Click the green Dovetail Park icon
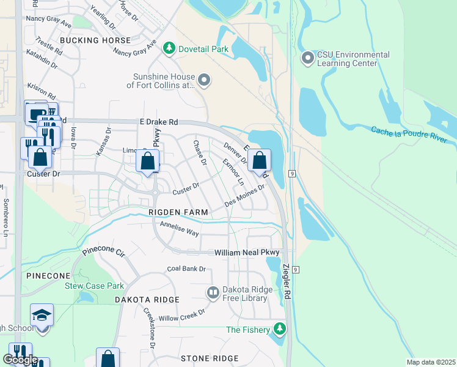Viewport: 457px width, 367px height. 169,47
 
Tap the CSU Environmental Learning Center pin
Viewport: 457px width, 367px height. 308,59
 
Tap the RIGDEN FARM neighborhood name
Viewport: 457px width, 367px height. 178,212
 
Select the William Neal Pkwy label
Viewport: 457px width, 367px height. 246,252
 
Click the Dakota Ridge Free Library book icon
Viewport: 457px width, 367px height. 213,293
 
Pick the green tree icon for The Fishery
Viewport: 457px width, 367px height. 280,330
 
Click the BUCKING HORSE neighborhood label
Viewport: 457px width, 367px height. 95,40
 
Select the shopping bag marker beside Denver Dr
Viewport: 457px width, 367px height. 259,161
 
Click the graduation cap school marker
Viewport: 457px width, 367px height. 42,315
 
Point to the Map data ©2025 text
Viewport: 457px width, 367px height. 430,362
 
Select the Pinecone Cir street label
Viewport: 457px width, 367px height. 103,252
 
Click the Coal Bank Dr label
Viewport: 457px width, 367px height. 186,269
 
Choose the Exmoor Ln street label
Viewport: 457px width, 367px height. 233,172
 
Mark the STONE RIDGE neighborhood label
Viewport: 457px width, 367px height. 209,358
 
